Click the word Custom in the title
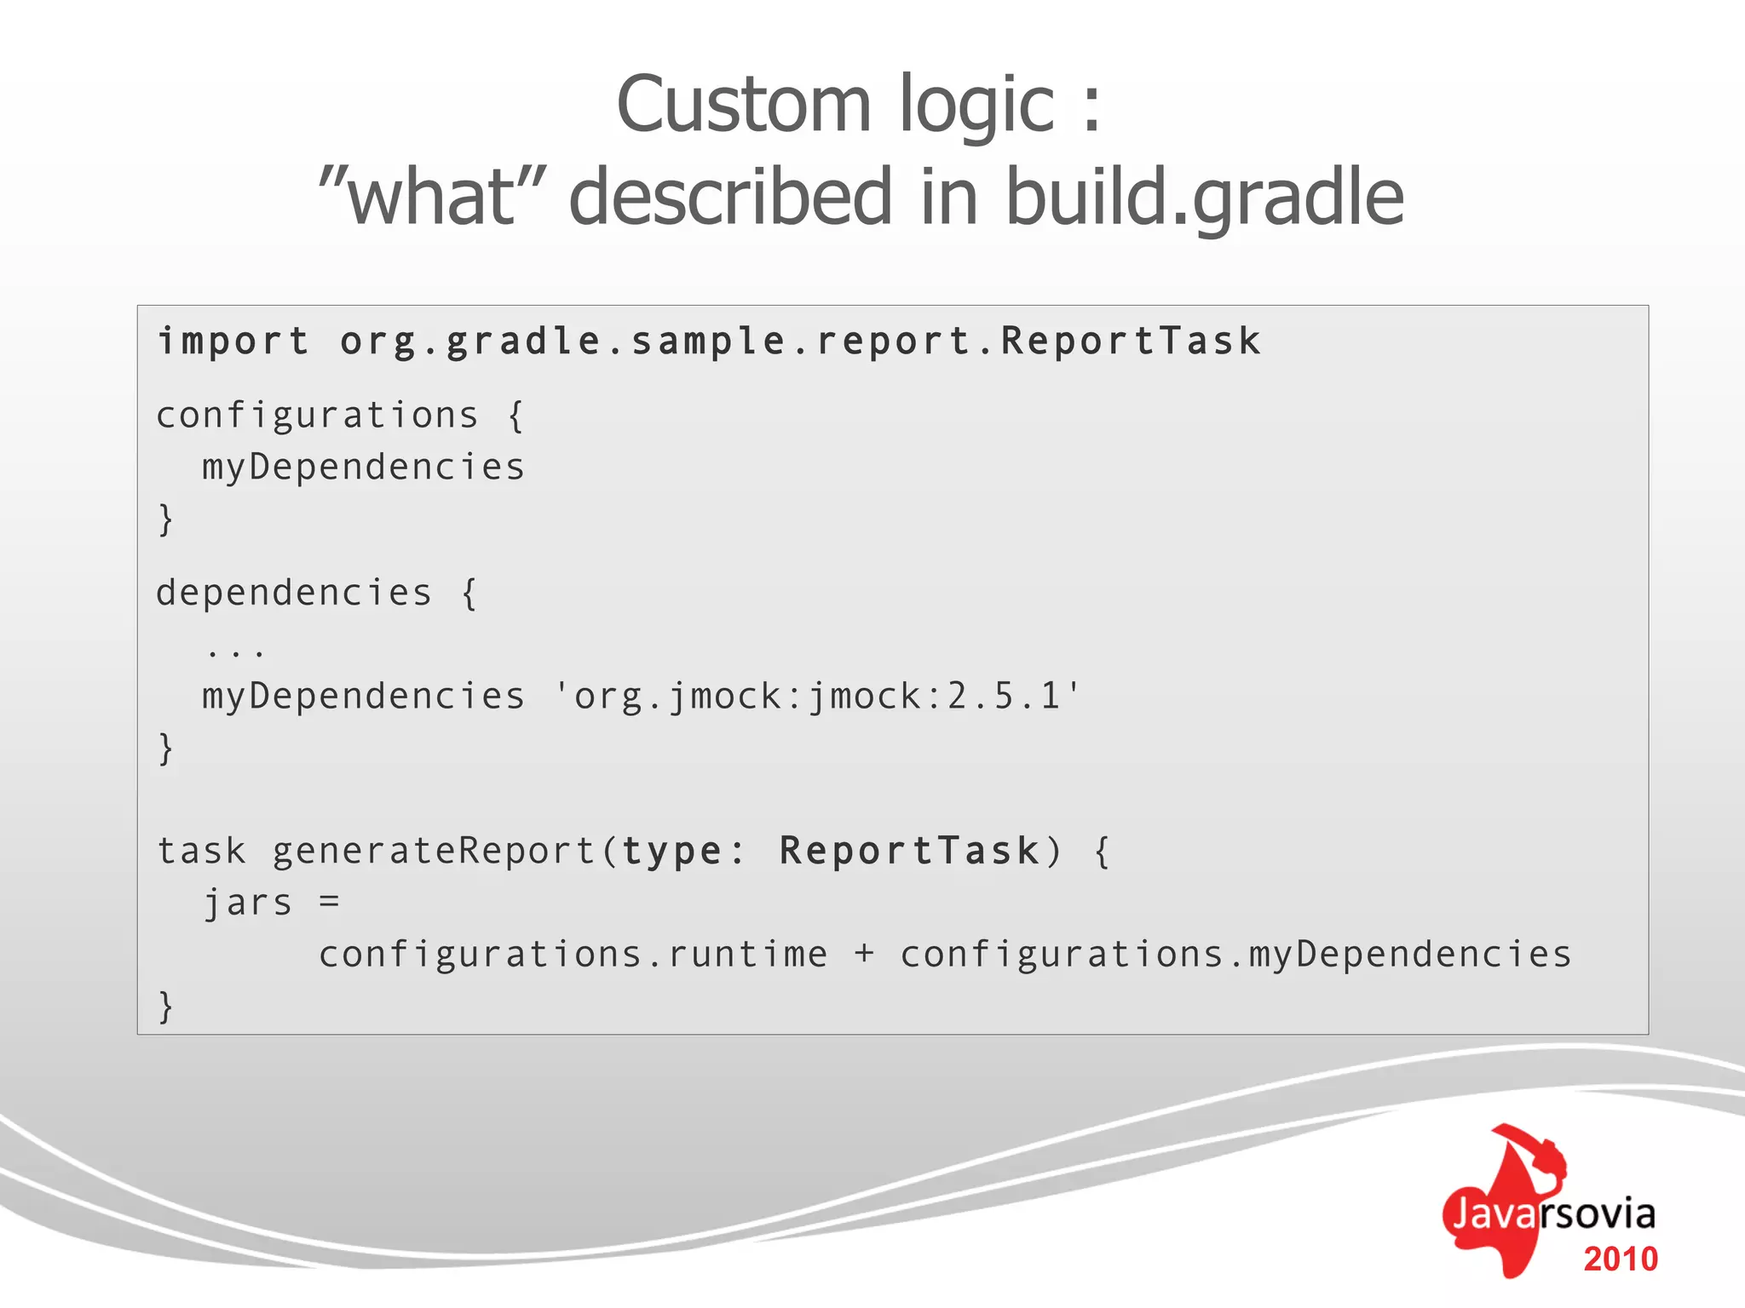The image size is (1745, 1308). tap(743, 105)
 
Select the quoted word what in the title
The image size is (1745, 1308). tap(431, 197)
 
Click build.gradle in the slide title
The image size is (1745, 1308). tap(1204, 197)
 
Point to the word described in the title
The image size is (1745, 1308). tap(729, 197)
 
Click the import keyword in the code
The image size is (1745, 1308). tap(233, 341)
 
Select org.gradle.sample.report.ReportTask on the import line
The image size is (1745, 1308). tap(800, 341)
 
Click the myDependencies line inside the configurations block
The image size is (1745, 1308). tap(363, 468)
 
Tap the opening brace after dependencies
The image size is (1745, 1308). tap(469, 593)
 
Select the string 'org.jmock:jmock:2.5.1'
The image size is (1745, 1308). tap(816, 697)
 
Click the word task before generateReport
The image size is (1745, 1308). tap(202, 851)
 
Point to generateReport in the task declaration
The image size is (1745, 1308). tap(434, 851)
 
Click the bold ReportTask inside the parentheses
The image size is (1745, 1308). tap(909, 851)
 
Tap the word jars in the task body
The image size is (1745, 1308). tap(248, 903)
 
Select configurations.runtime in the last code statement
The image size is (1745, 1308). tap(573, 955)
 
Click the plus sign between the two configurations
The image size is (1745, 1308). tap(864, 954)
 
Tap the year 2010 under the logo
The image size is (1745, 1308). tap(1620, 1259)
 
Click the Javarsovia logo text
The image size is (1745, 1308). tap(1552, 1213)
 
